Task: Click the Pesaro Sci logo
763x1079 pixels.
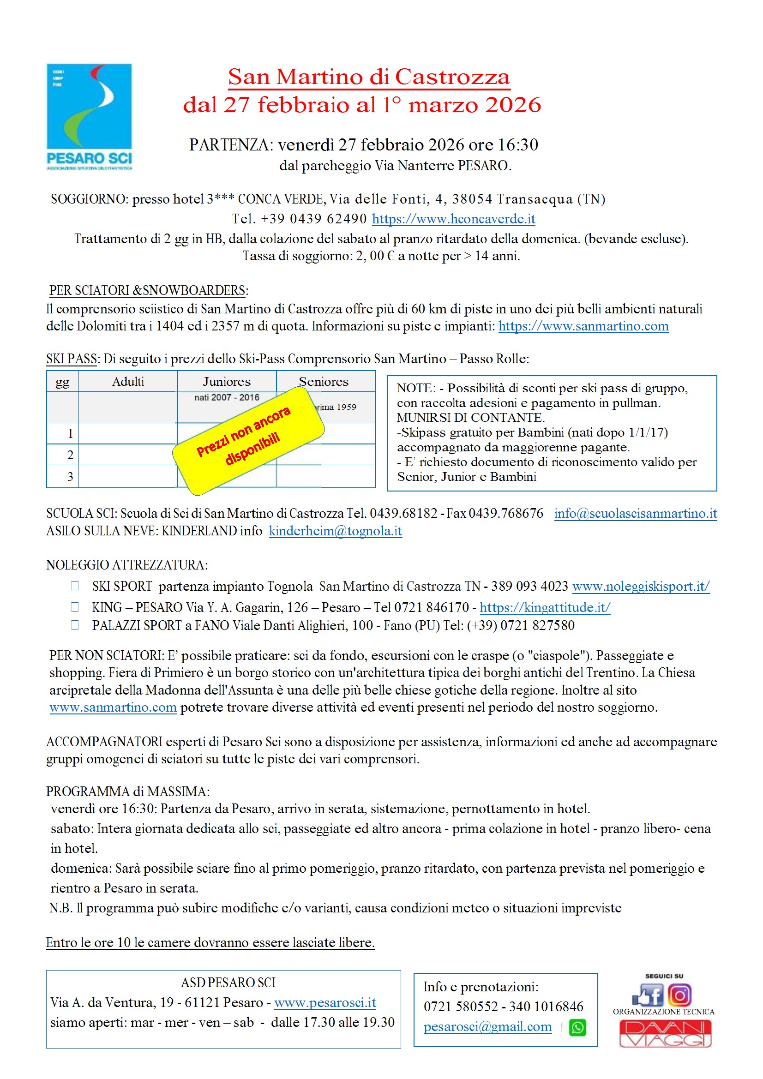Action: pyautogui.click(x=90, y=116)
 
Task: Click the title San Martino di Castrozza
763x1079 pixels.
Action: pyautogui.click(x=369, y=77)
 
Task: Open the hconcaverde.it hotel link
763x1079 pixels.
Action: pyautogui.click(x=453, y=219)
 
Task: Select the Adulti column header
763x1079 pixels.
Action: pyautogui.click(x=128, y=382)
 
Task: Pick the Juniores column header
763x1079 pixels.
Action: pyautogui.click(x=227, y=382)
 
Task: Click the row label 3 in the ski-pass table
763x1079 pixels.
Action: pyautogui.click(x=70, y=477)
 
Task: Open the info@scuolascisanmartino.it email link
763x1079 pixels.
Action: pyautogui.click(x=635, y=513)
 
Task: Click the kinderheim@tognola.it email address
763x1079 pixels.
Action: pyautogui.click(x=335, y=531)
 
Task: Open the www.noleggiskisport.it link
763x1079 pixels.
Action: pyautogui.click(x=640, y=586)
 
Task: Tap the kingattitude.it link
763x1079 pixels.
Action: pyautogui.click(x=544, y=607)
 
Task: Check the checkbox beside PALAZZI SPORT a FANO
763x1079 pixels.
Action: pyautogui.click(x=75, y=625)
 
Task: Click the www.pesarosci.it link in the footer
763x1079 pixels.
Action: pyautogui.click(x=325, y=1002)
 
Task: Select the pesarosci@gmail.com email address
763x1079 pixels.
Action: pyautogui.click(x=487, y=1026)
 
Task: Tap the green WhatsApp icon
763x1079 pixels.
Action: pyautogui.click(x=577, y=1027)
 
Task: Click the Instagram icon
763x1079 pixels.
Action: pyautogui.click(x=679, y=995)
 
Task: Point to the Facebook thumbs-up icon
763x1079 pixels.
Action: pyautogui.click(x=648, y=995)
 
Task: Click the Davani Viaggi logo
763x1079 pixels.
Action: pyautogui.click(x=664, y=1033)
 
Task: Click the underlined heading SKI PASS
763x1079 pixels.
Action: pyautogui.click(x=72, y=359)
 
